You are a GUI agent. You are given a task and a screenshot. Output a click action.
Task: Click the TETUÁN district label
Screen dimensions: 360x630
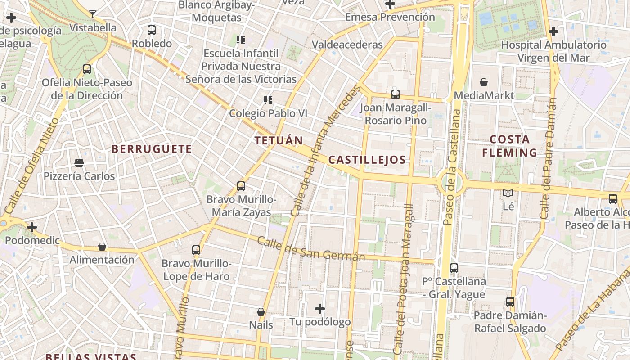[279, 140]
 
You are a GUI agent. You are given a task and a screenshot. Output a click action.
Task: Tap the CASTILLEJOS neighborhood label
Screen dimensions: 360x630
[367, 160]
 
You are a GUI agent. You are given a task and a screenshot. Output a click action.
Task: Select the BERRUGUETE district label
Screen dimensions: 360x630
[152, 149]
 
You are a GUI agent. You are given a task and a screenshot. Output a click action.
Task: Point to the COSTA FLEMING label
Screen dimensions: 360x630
[509, 146]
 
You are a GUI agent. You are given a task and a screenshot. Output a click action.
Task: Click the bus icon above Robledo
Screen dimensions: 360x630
[152, 30]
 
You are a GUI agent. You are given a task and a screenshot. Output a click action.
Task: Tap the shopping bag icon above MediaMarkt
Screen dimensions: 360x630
[484, 82]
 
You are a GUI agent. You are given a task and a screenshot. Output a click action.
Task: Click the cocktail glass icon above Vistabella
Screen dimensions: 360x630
[93, 14]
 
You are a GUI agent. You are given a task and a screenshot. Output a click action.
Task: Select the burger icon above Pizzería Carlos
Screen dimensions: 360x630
[79, 162]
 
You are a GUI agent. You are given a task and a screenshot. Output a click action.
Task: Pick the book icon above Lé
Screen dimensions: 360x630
[508, 193]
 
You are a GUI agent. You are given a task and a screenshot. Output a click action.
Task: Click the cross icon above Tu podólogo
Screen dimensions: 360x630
[320, 309]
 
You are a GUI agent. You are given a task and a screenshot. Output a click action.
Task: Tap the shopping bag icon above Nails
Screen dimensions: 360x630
[261, 311]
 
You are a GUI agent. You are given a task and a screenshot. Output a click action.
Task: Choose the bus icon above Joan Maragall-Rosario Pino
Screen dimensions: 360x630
[396, 94]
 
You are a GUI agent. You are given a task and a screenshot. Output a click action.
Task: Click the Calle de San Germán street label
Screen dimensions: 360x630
[310, 249]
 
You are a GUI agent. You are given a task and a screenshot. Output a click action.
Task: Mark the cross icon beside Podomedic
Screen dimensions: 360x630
[32, 227]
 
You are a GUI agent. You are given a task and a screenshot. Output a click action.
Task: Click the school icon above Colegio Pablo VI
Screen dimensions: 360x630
[268, 100]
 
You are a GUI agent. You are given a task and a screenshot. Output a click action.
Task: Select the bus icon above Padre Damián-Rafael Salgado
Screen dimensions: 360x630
[510, 302]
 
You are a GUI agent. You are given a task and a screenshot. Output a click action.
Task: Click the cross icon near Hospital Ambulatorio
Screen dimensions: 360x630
[553, 31]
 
